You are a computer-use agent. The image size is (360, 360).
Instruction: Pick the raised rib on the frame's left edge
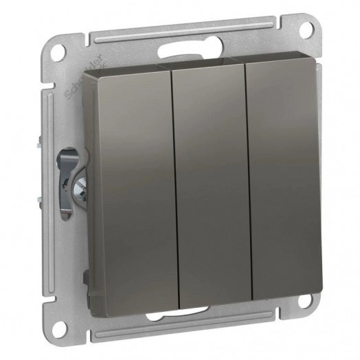click(x=49, y=185)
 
